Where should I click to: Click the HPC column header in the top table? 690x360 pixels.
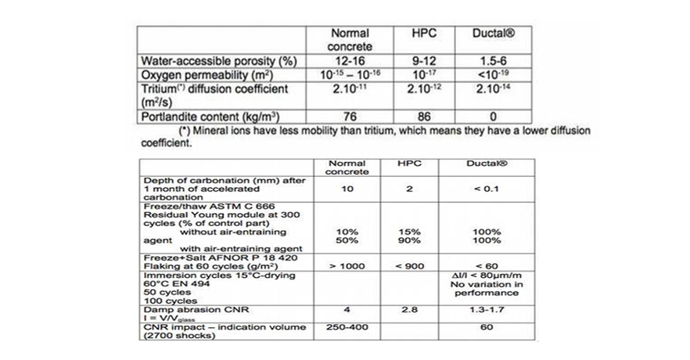coord(425,34)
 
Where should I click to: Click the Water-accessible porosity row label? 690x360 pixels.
coord(217,61)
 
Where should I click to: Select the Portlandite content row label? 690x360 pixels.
coord(207,117)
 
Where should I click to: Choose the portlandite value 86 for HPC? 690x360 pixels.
coord(425,117)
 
